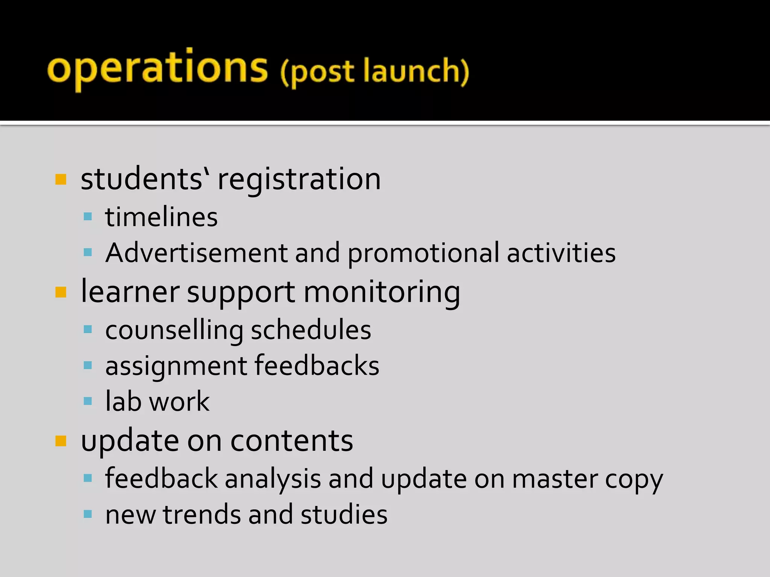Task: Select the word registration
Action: click(x=299, y=179)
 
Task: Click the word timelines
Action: click(x=161, y=217)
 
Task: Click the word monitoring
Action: click(x=382, y=292)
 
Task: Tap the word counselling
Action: click(x=174, y=330)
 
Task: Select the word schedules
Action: click(x=311, y=330)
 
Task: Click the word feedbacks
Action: click(x=317, y=366)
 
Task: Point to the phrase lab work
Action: click(x=157, y=402)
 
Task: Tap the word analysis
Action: click(x=273, y=479)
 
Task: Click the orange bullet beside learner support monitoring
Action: click(x=61, y=292)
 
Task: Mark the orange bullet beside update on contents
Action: click(x=61, y=441)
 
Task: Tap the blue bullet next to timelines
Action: click(x=88, y=216)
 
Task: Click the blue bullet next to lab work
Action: click(x=88, y=401)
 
